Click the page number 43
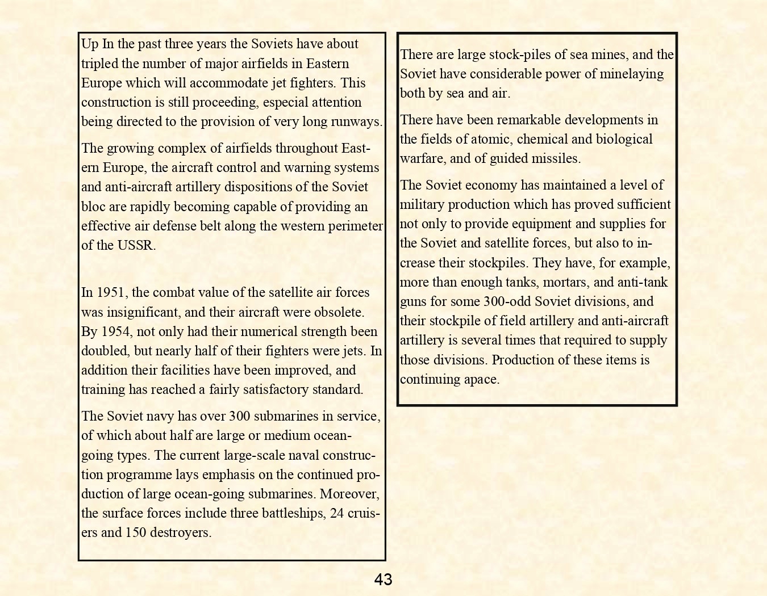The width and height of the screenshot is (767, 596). tap(383, 580)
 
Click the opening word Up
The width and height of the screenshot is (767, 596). tap(90, 44)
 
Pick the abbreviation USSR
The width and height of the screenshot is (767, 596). tap(136, 245)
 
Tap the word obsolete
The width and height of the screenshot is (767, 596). tap(338, 312)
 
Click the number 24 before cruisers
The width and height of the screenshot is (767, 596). tap(337, 513)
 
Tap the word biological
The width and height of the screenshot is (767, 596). tap(624, 139)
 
